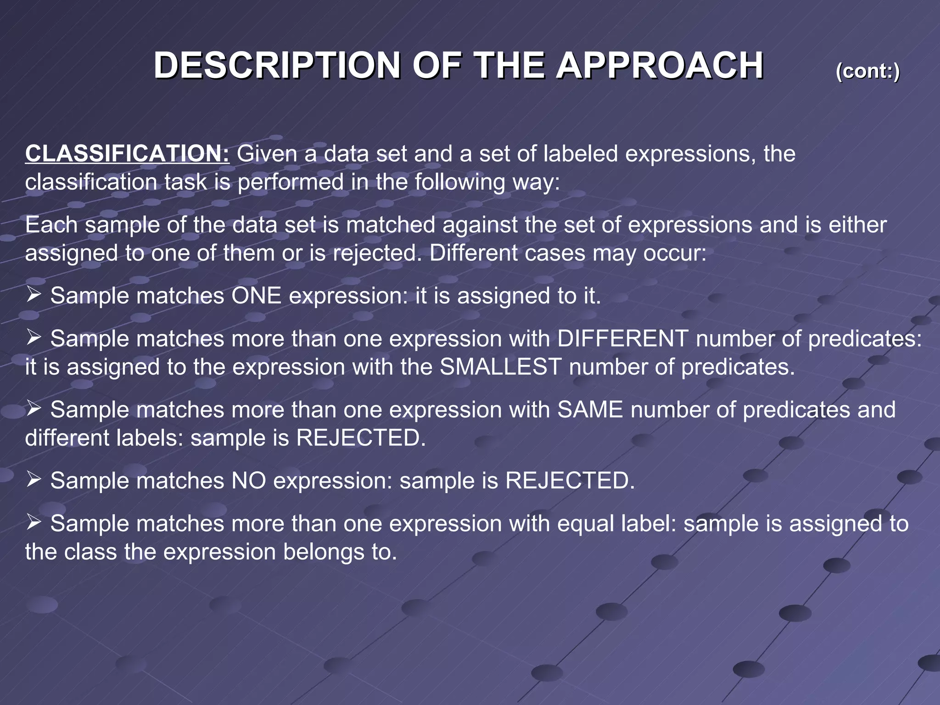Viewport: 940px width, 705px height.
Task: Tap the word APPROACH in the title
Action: (x=660, y=66)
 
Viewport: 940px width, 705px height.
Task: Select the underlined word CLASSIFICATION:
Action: (x=127, y=153)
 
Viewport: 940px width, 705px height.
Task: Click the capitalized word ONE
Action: (x=256, y=296)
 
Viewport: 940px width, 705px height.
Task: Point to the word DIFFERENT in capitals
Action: (x=622, y=339)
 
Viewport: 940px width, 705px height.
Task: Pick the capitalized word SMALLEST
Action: (x=500, y=367)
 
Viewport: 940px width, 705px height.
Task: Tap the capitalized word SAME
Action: (x=590, y=409)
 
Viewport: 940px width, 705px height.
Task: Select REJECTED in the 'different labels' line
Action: (x=360, y=438)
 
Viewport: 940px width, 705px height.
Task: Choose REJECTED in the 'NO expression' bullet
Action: (x=570, y=481)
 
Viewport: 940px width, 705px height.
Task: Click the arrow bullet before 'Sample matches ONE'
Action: (x=34, y=295)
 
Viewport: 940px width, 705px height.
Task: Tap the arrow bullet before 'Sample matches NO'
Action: (x=34, y=480)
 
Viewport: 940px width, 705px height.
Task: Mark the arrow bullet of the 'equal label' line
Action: (x=34, y=522)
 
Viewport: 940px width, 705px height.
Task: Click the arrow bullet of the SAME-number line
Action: (x=34, y=408)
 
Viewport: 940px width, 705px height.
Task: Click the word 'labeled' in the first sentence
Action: (x=581, y=153)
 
